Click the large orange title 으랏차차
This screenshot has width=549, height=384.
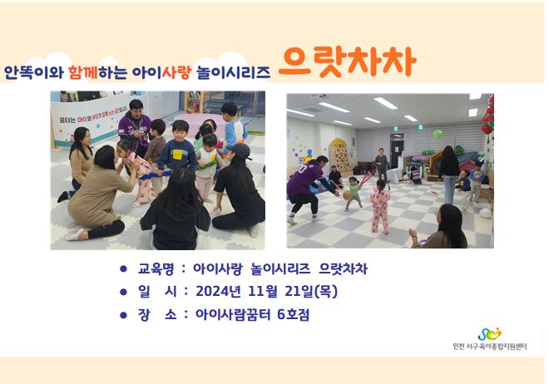point(347,62)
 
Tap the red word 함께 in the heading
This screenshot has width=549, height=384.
point(83,72)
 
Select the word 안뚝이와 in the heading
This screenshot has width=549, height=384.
point(33,72)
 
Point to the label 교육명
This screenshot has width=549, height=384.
point(156,269)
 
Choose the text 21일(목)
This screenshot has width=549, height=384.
point(311,291)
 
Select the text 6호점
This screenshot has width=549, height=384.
point(293,314)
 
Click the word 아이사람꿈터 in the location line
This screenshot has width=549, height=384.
point(233,314)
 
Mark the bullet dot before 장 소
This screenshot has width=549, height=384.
point(123,315)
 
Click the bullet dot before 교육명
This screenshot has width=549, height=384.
point(123,268)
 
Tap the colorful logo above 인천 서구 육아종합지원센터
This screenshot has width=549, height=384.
point(489,334)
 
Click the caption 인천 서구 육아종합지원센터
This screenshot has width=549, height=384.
point(489,347)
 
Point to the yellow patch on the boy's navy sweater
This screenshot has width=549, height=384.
point(177,155)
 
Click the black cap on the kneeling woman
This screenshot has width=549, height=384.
point(239,150)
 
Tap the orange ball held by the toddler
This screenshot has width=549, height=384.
point(347,195)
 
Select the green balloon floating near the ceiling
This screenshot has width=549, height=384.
point(438,133)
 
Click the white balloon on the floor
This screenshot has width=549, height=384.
point(485,213)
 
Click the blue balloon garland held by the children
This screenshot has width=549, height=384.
point(157,174)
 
